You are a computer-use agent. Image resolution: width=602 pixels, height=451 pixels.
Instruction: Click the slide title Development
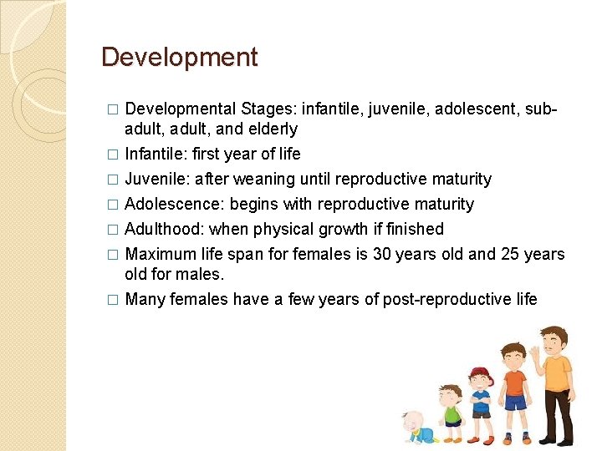179,58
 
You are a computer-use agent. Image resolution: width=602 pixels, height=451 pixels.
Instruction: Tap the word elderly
272,129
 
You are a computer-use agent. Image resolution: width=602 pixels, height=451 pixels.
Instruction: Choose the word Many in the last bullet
145,299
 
